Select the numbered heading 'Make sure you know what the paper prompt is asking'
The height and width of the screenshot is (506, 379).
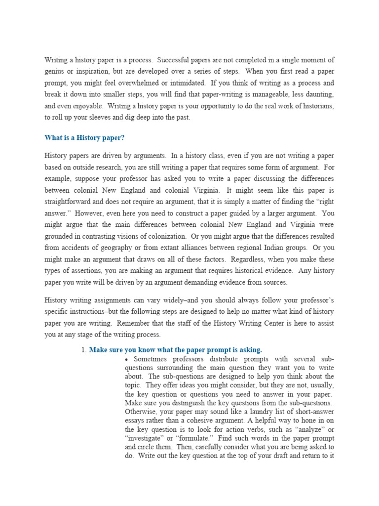tap(175, 349)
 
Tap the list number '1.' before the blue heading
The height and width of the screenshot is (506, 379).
tap(84, 349)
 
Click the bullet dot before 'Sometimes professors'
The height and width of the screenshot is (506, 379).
tap(127, 359)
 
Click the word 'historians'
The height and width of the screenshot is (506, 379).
tap(317, 106)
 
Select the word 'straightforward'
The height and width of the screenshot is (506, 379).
tap(70, 201)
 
